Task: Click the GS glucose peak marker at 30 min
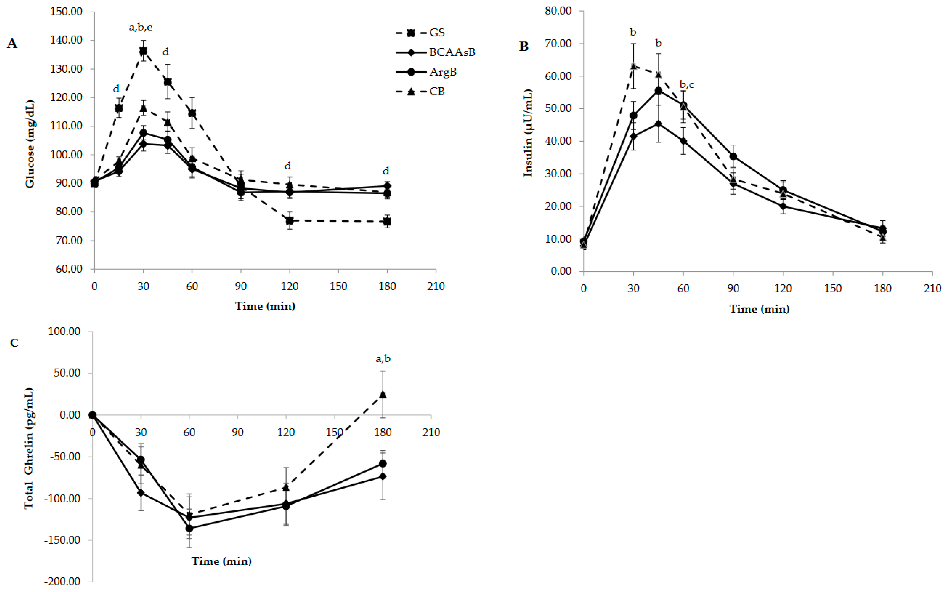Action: pos(143,51)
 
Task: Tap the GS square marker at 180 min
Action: pos(387,222)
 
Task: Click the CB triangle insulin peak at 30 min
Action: pos(633,66)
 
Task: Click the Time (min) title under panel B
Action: pos(759,309)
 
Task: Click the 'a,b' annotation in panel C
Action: pos(383,359)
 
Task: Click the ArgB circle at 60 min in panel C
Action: pos(189,528)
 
